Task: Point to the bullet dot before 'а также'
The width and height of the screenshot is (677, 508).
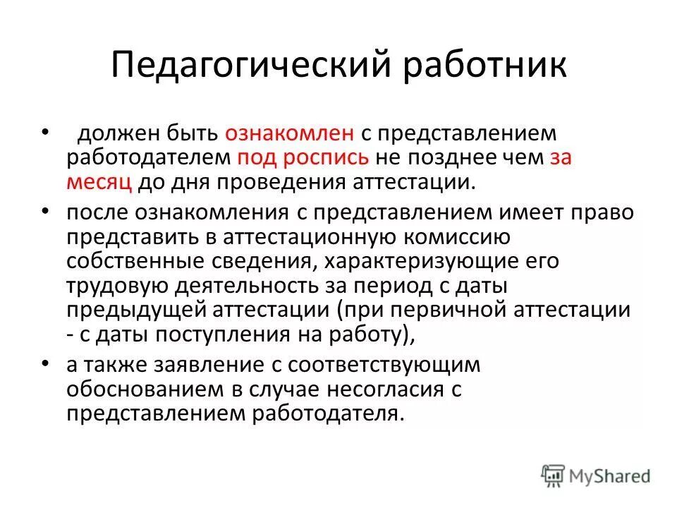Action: coord(46,364)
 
